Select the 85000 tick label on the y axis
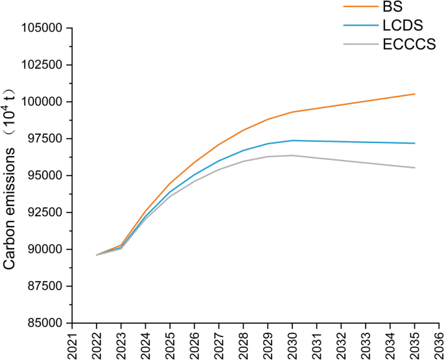click(x=44, y=323)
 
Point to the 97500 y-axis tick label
click(x=44, y=139)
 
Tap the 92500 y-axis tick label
click(x=44, y=212)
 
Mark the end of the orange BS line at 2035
click(x=415, y=94)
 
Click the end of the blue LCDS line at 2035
click(x=415, y=143)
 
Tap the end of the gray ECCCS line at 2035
click(x=415, y=168)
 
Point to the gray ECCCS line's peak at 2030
click(x=292, y=155)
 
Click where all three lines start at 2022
click(x=97, y=255)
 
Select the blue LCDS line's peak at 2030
click(x=292, y=141)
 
